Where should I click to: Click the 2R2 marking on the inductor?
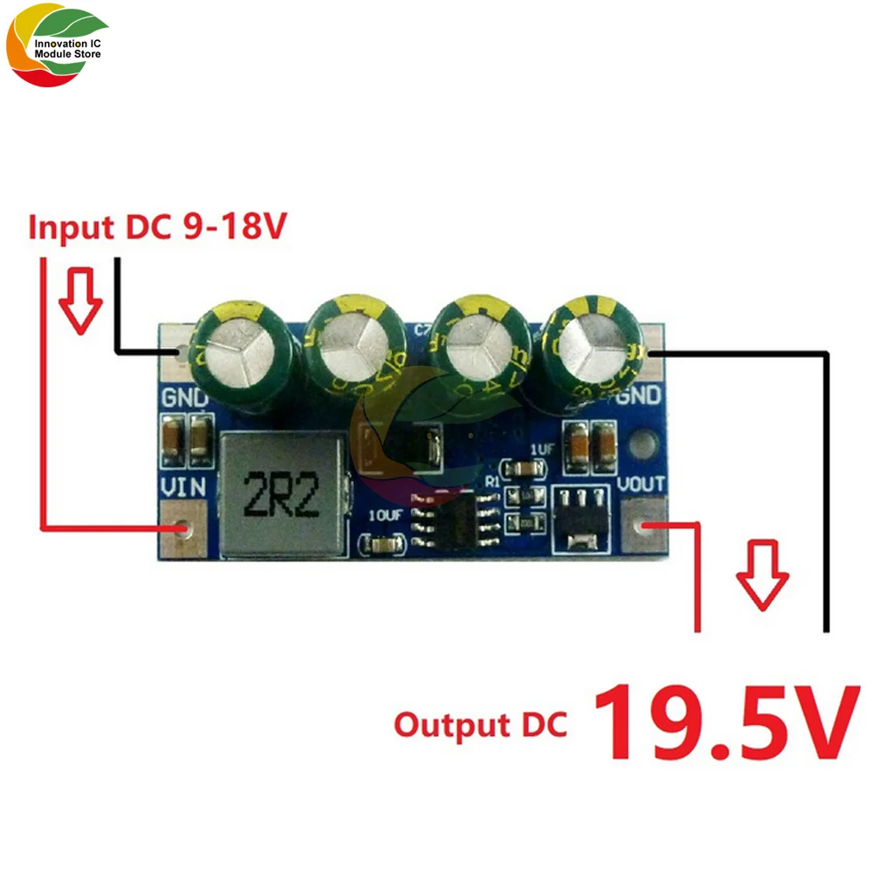[281, 496]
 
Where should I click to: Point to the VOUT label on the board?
[642, 485]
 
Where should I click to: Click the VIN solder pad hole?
[183, 529]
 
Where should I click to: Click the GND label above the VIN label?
[184, 399]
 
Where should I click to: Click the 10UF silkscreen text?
[385, 514]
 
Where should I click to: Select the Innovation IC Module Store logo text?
[67, 48]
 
